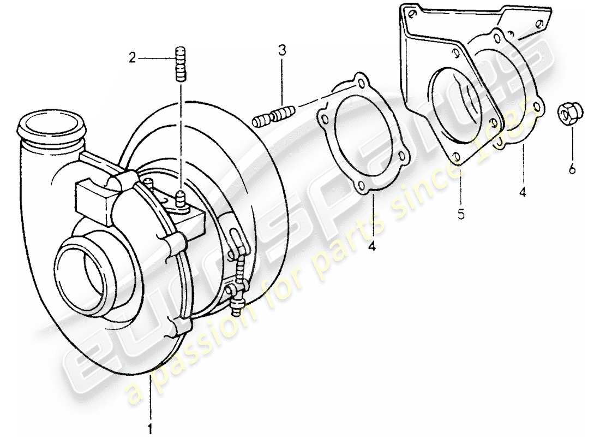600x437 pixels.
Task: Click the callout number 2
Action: (x=131, y=56)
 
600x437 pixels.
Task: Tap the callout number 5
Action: (x=461, y=214)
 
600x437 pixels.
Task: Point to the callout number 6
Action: (x=572, y=170)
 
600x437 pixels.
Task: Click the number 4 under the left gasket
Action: (x=372, y=247)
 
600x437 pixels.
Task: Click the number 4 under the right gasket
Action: (x=523, y=193)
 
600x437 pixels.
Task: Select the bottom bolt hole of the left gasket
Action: (x=362, y=188)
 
